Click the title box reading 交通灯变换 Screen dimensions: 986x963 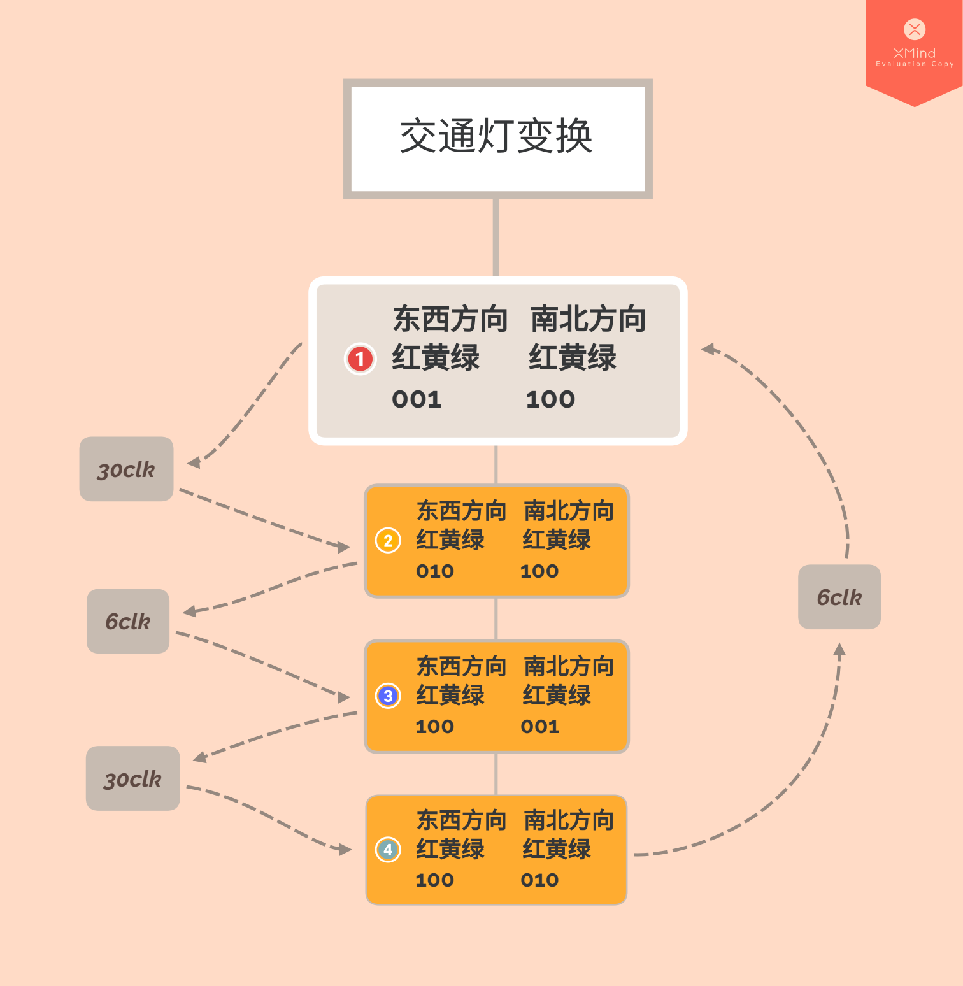(x=497, y=138)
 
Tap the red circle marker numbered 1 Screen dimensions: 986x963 (x=360, y=359)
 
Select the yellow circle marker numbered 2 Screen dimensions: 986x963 (x=388, y=541)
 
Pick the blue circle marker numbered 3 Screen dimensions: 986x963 (x=388, y=696)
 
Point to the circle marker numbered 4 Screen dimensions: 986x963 (x=388, y=850)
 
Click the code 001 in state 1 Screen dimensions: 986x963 (x=417, y=399)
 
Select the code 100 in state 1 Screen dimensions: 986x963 (x=550, y=399)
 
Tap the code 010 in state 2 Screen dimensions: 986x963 (x=435, y=571)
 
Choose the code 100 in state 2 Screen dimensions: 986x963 (x=539, y=571)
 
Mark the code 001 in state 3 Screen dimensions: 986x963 (x=540, y=726)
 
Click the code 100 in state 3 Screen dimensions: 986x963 (x=435, y=726)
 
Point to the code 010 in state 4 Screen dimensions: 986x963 (x=539, y=880)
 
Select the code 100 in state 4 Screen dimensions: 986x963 (x=435, y=880)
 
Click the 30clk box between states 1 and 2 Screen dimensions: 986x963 (x=126, y=469)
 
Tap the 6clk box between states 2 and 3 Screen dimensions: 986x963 (x=128, y=621)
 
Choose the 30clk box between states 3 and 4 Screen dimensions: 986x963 (x=132, y=778)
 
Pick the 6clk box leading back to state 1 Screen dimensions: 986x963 (x=839, y=597)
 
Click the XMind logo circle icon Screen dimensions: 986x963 (x=915, y=29)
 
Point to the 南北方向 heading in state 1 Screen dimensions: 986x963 (x=588, y=319)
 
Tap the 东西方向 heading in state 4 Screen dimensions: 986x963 (x=461, y=820)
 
